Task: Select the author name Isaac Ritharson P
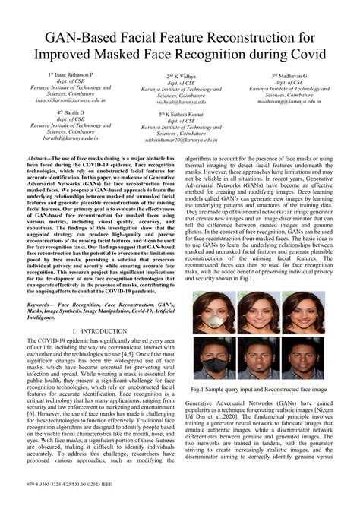(x=71, y=76)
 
